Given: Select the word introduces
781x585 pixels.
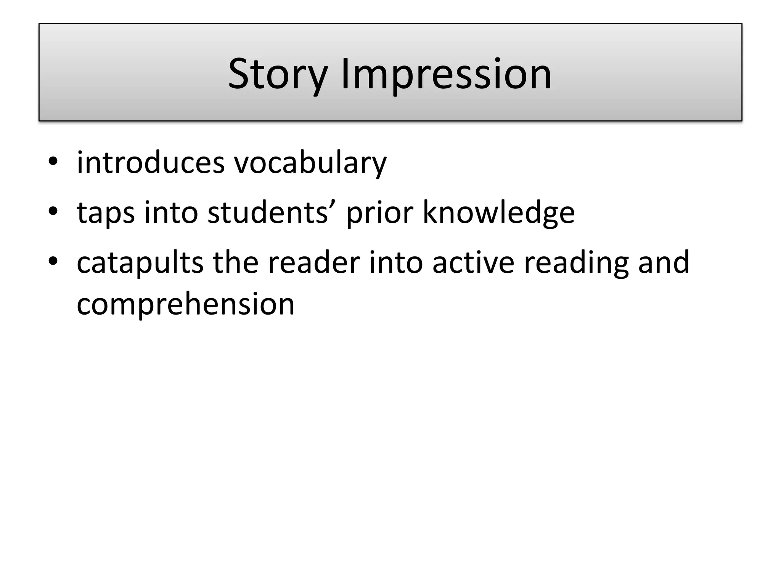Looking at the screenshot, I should (x=151, y=163).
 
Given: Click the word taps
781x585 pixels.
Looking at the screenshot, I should (x=106, y=213).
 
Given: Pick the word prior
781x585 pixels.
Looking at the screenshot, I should (x=379, y=213).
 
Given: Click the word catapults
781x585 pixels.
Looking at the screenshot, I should (x=140, y=263).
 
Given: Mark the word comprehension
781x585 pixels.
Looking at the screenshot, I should (x=186, y=305).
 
